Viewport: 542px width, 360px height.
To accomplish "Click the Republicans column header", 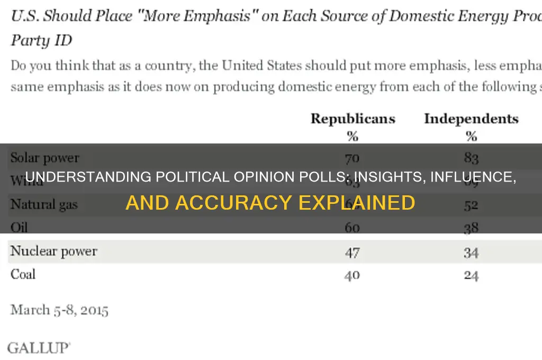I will (353, 119).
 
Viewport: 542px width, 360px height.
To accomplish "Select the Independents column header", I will (471, 119).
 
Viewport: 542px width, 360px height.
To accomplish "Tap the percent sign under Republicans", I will (353, 136).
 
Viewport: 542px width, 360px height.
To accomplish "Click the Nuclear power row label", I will (53, 251).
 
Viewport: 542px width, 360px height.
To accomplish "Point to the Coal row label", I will (23, 274).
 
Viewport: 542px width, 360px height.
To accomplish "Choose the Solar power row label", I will (45, 158).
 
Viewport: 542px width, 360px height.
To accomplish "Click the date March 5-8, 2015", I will (59, 310).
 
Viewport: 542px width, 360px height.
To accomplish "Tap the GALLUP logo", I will (38, 348).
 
